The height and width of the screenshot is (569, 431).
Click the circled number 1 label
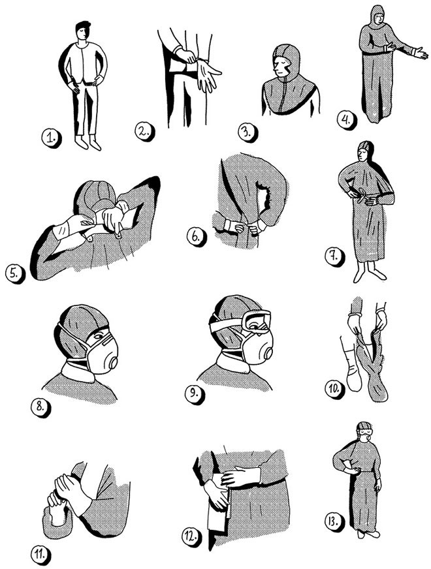(50, 138)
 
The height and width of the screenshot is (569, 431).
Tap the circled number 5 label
(14, 273)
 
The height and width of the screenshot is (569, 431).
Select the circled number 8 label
(40, 407)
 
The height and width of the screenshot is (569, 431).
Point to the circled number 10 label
(334, 389)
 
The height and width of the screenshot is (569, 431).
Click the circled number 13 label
(334, 522)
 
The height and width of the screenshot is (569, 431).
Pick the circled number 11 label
(40, 554)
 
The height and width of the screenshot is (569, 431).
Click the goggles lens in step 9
(257, 321)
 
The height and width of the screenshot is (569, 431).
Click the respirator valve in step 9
(268, 354)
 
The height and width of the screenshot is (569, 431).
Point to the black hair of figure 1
(83, 26)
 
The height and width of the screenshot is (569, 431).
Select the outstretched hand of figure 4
(421, 53)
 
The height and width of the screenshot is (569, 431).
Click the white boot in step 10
(353, 369)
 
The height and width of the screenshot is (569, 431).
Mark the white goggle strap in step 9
(226, 324)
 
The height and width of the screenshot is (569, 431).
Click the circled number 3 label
(247, 131)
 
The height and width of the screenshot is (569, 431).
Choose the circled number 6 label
(196, 237)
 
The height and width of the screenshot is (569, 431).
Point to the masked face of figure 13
(365, 433)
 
